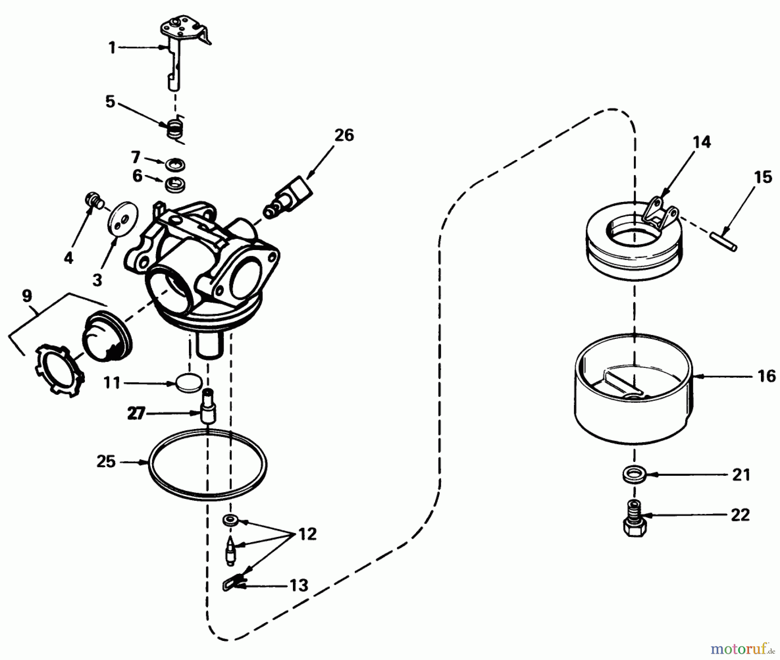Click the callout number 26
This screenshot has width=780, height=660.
(x=344, y=135)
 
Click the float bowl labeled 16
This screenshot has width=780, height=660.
(x=633, y=403)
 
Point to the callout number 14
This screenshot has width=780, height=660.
(x=702, y=142)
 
